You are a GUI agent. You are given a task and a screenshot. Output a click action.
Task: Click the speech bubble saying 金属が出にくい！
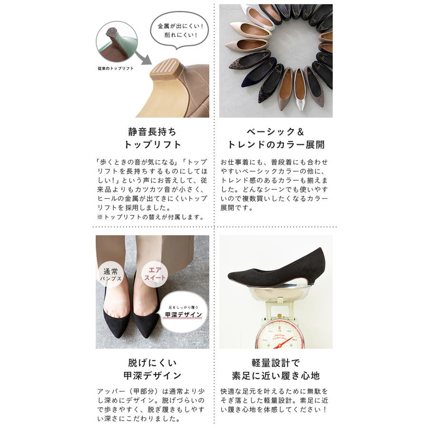(x=180, y=30)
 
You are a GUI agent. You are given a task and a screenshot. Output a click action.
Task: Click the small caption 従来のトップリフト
(x=116, y=68)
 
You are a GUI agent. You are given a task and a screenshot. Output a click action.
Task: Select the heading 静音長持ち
(x=152, y=132)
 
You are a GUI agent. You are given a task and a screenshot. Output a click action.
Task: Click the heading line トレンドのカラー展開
(x=276, y=145)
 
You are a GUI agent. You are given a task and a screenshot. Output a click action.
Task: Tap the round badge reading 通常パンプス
(x=110, y=274)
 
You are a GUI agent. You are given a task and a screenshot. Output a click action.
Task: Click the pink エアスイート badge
(x=155, y=274)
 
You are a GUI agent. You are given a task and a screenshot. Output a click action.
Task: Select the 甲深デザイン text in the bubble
(x=184, y=315)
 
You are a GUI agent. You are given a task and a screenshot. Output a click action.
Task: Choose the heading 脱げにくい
(x=152, y=363)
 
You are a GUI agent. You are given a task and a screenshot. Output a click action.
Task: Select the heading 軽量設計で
(x=276, y=363)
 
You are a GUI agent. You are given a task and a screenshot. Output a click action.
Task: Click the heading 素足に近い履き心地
(x=276, y=376)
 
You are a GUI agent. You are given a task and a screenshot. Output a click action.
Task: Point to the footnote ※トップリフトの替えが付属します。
(x=151, y=217)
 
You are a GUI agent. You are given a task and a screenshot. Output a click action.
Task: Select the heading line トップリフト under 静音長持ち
(x=152, y=145)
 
